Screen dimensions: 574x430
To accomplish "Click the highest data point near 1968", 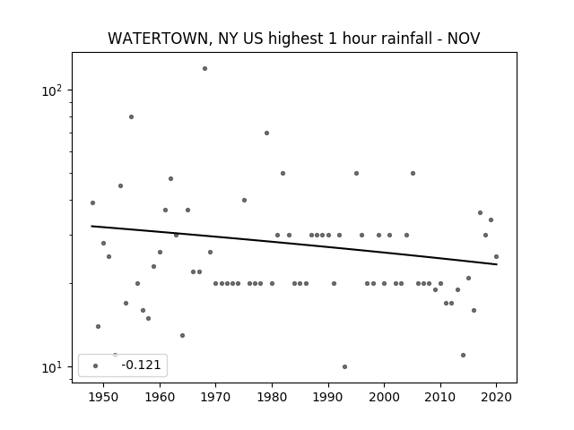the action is click(x=205, y=68).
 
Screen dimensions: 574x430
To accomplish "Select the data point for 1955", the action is click(x=132, y=117).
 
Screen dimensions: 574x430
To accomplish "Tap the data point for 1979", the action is click(x=267, y=133).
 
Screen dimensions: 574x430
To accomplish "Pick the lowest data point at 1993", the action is click(x=344, y=366).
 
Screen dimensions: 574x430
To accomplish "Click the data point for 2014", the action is click(x=463, y=355).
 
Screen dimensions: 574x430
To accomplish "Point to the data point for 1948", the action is click(x=92, y=203).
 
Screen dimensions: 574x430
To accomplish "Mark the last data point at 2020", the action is click(x=496, y=257).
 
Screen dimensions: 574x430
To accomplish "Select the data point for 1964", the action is click(x=182, y=335).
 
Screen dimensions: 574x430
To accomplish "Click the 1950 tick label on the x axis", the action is click(x=104, y=398).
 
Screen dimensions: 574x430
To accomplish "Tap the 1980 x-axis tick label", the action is click(x=272, y=398).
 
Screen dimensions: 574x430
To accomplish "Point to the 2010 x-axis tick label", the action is click(x=440, y=398).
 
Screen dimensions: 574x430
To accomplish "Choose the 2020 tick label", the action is click(x=496, y=398).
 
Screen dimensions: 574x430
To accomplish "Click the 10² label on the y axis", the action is click(x=52, y=90).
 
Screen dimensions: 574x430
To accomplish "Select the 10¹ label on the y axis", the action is click(x=52, y=367).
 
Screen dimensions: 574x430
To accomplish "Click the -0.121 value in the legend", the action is click(x=141, y=365).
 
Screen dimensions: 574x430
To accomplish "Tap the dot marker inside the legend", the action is click(x=96, y=365).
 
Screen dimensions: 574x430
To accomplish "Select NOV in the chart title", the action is click(x=464, y=39).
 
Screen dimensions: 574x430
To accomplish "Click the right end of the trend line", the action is click(x=497, y=264).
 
